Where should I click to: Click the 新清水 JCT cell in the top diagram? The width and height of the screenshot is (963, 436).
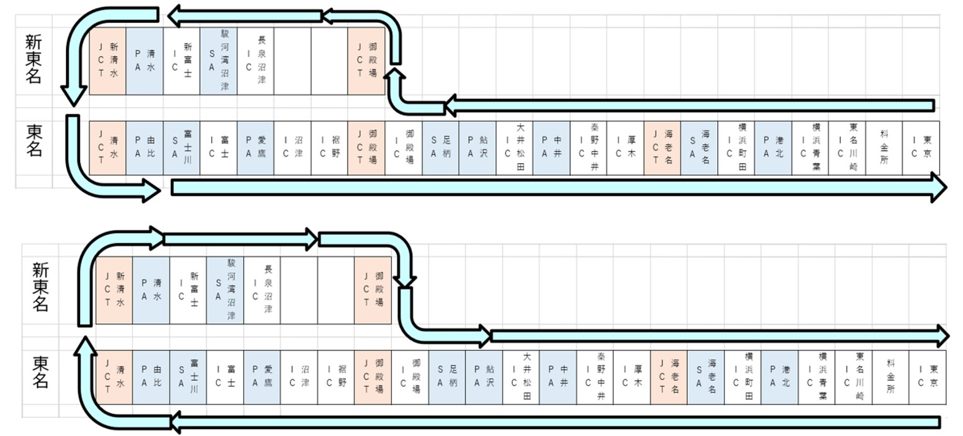point(108,61)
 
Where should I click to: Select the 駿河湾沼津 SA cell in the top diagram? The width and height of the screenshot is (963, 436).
point(219,61)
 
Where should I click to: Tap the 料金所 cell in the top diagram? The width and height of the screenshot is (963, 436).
point(884,148)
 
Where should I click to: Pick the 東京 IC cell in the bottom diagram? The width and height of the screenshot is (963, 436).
point(928,377)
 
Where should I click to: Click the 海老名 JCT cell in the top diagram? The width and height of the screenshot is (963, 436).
point(662,148)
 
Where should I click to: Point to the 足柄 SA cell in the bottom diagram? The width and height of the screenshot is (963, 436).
point(447,377)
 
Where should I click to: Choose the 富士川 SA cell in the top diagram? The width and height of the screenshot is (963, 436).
point(182,148)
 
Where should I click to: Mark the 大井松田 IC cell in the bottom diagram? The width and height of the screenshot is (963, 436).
point(521,377)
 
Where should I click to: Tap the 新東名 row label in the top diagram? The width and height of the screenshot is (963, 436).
point(34,60)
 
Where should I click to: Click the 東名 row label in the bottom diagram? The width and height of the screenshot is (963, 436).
point(40,372)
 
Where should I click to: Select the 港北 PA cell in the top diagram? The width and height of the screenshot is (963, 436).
point(773,148)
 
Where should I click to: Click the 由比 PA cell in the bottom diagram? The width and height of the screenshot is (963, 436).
point(151,377)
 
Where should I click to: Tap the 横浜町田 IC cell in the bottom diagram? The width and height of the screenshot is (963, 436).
point(743,377)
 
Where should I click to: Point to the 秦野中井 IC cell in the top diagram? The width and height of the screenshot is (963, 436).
point(588,148)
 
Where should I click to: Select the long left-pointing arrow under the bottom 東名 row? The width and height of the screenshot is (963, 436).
point(554,422)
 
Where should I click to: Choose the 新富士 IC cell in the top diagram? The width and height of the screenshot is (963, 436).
point(182,61)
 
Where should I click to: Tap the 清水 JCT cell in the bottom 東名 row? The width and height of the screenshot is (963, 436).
point(114,377)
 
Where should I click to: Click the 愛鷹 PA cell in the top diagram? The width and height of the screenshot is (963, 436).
point(256,148)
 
